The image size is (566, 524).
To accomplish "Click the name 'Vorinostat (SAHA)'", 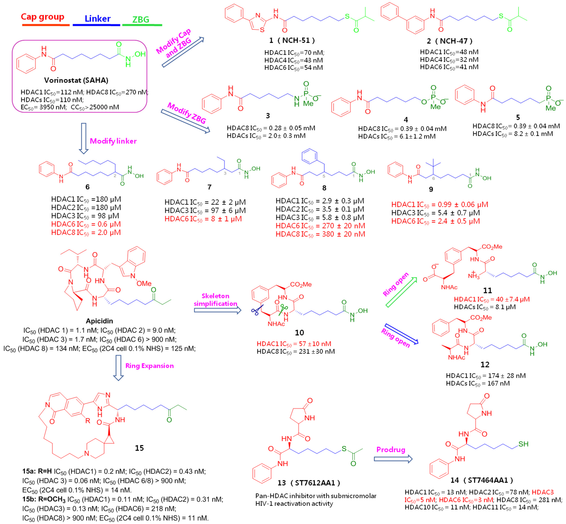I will tap(76, 80).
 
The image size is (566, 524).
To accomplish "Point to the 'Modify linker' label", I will tap(113, 141).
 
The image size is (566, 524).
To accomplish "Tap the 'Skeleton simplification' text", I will tap(216, 300).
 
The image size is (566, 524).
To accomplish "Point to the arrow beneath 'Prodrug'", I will tap(393, 459).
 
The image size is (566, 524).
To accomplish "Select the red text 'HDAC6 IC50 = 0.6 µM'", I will tap(86, 224).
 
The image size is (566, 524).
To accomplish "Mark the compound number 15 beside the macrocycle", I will tap(139, 448).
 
